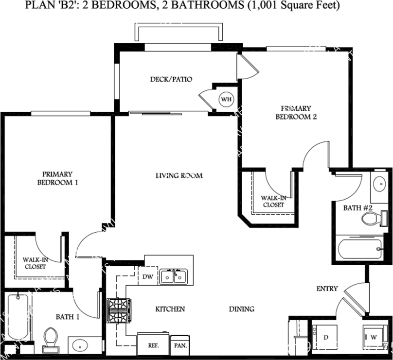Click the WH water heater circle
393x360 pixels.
226,100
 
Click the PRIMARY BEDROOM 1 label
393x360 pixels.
57,178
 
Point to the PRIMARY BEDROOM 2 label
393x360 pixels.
296,112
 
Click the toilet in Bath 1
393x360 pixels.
50,338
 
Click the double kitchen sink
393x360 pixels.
174,276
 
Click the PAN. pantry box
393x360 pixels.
179,346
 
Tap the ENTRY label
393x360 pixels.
327,289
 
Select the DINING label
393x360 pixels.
242,309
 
